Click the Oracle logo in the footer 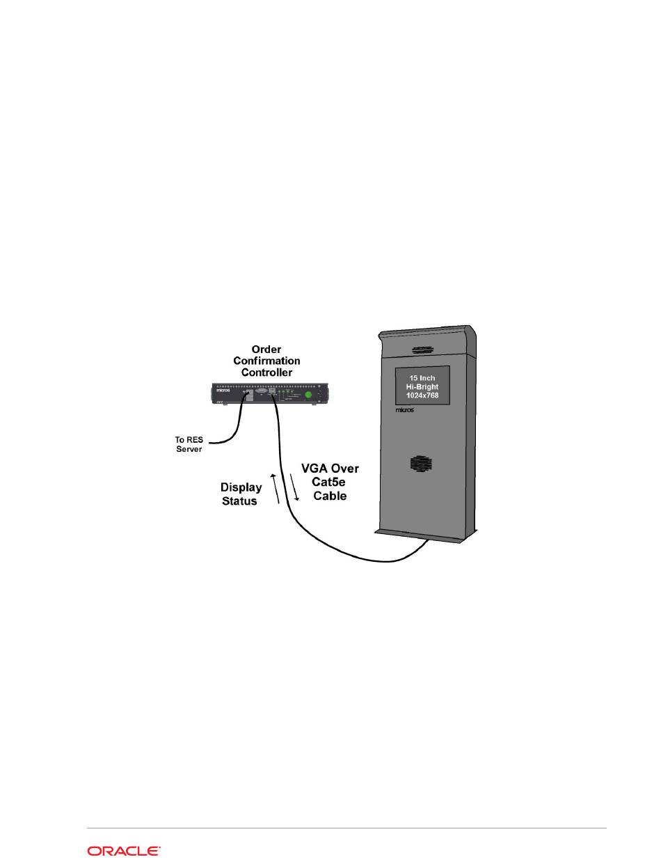click(x=124, y=850)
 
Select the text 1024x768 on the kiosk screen click(x=423, y=395)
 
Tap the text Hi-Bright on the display click(x=423, y=386)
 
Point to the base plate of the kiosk click(x=426, y=534)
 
